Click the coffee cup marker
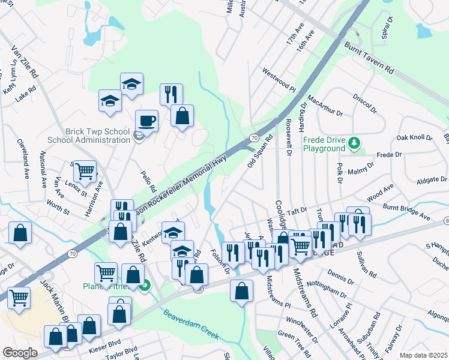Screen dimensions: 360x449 (x=146, y=121)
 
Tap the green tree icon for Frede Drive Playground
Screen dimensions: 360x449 (x=355, y=143)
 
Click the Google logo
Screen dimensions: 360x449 (x=20, y=352)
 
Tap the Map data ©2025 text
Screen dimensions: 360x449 (x=423, y=355)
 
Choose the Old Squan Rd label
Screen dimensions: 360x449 (x=260, y=152)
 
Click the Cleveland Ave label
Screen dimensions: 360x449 (x=26, y=166)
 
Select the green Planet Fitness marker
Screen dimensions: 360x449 (x=144, y=287)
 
